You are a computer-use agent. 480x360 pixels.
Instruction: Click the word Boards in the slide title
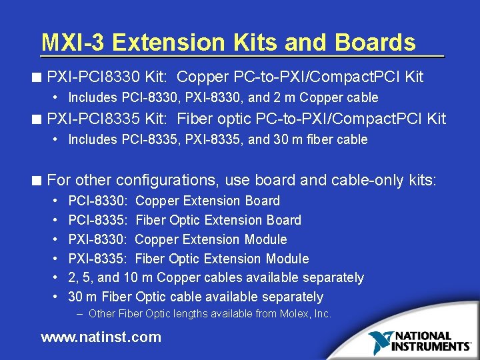pos(375,43)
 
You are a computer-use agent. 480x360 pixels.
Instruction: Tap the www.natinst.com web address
pos(101,337)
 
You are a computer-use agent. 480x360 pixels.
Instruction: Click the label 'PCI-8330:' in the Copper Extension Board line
pos(99,201)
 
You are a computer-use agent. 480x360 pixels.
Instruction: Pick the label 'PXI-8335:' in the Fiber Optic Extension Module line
pos(99,259)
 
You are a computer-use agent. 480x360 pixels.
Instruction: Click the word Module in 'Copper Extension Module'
pos(265,239)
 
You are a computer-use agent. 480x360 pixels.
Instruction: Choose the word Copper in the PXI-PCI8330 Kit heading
pos(203,77)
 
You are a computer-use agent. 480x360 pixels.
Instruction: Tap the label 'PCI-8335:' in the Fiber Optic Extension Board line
pos(99,220)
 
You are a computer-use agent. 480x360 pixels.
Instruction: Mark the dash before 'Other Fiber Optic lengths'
pos(79,313)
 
